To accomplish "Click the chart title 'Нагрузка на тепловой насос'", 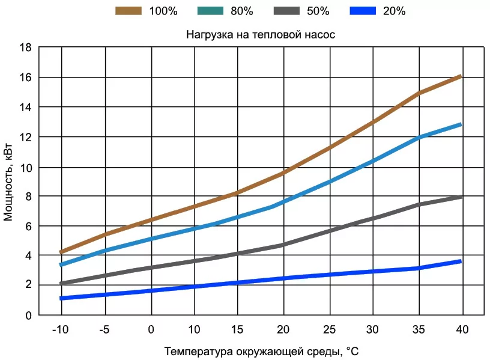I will (x=259, y=35).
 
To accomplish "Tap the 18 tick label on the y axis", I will (x=25, y=48).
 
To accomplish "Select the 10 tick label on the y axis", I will (x=25, y=166).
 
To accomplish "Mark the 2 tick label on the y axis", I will (x=28, y=285).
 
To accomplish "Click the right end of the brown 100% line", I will (x=460, y=76).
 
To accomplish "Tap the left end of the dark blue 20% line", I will (x=61, y=298).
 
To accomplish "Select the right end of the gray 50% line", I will (x=460, y=197).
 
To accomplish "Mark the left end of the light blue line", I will (x=61, y=264).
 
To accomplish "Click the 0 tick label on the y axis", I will (x=28, y=315).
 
